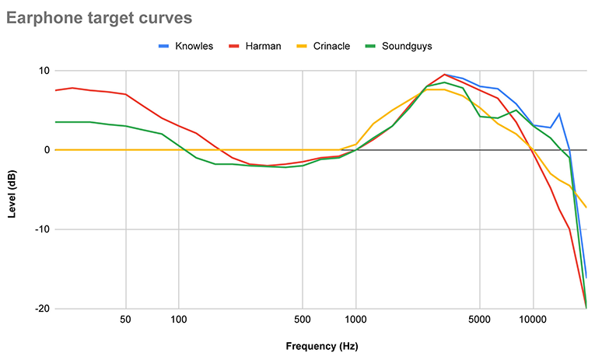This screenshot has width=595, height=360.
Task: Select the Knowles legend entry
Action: point(189,46)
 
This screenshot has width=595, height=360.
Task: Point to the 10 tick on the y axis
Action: point(44,71)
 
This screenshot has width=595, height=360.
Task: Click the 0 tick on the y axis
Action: point(47,150)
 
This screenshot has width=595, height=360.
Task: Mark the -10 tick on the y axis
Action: point(42,229)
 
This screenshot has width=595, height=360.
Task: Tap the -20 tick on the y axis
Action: point(42,309)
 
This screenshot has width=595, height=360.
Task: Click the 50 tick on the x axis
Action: point(125,320)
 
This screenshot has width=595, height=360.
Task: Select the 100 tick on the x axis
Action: point(179,320)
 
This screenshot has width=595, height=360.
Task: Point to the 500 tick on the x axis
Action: point(303,320)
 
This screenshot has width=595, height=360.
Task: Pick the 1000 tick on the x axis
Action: point(355,320)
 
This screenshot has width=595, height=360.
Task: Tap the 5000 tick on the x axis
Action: point(480,320)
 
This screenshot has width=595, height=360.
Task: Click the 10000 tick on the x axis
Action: point(533,320)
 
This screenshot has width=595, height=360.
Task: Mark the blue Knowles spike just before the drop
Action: point(558,114)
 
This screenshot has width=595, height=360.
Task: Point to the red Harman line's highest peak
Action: point(444,75)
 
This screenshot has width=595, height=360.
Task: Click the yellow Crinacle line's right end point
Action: point(586,208)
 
